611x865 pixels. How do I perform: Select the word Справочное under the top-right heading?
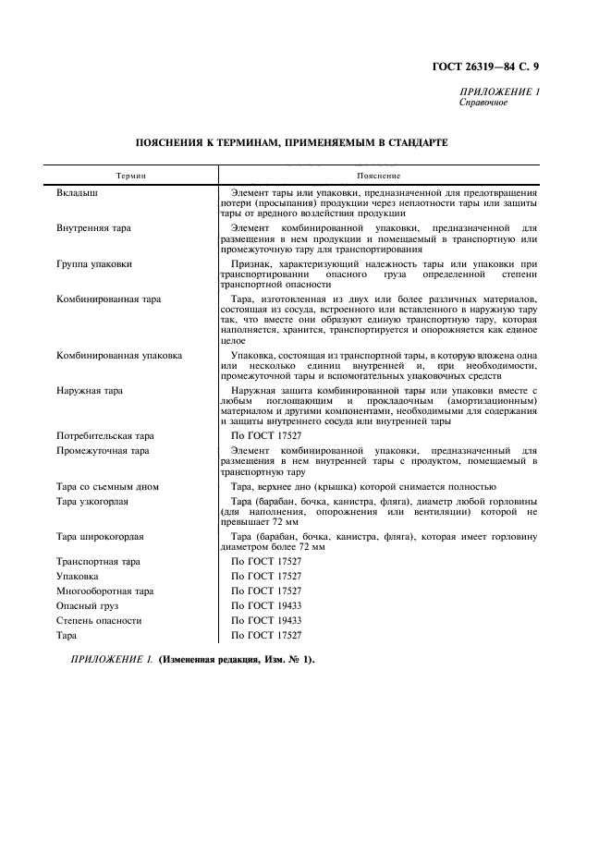point(483,103)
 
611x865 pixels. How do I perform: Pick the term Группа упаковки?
point(94,263)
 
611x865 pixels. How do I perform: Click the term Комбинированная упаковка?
point(119,354)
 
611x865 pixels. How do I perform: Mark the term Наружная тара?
point(90,391)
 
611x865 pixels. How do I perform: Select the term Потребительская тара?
point(105,434)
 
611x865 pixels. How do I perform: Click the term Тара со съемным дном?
point(107,486)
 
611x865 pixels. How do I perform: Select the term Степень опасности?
point(99,620)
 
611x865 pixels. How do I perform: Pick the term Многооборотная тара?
point(104,591)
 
